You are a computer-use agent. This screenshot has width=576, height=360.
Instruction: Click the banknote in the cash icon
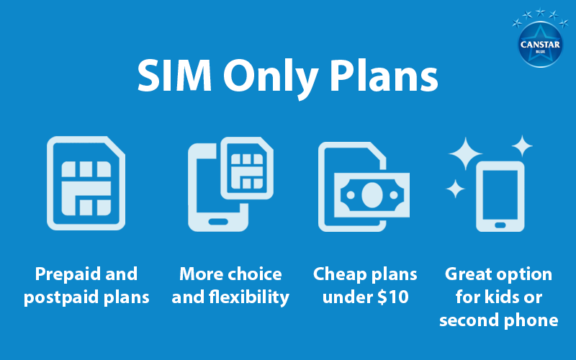click(x=372, y=194)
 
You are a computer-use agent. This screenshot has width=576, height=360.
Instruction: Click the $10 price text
click(x=394, y=297)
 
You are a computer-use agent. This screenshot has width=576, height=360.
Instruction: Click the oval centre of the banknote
click(x=372, y=194)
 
